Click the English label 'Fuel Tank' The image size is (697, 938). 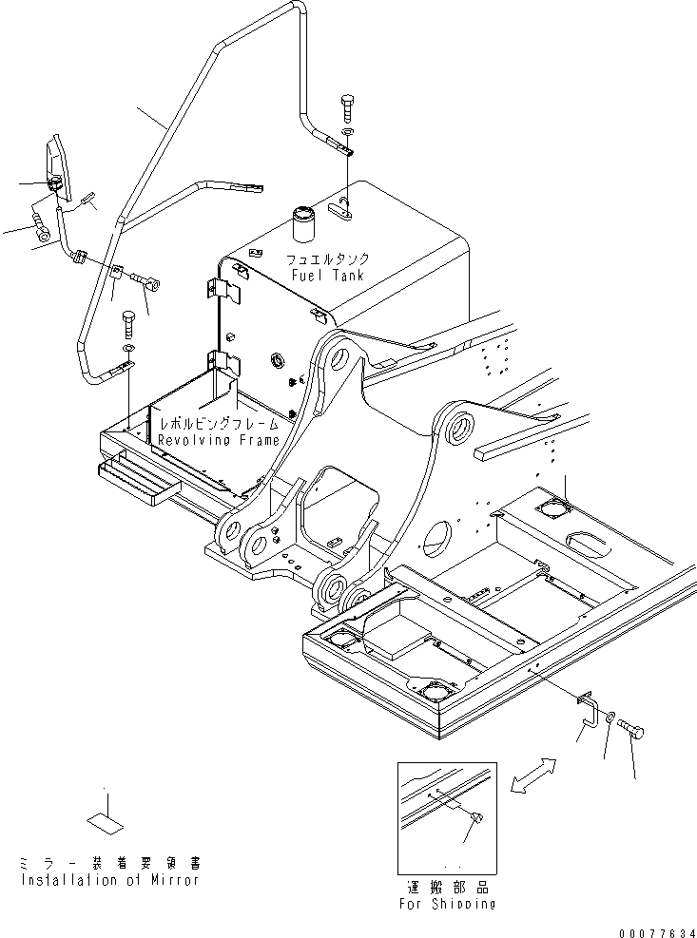[327, 276]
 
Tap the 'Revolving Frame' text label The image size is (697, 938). [219, 440]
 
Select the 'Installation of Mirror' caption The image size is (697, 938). [109, 880]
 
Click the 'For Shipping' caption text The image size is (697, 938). [448, 903]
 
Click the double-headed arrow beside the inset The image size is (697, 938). [531, 773]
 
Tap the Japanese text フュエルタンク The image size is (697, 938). [327, 258]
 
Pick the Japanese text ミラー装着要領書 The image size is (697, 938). [109, 864]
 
